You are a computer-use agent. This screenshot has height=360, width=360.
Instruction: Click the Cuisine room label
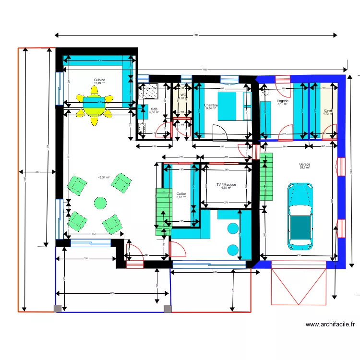point(99,80)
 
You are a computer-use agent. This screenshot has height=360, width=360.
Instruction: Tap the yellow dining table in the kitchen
point(96,106)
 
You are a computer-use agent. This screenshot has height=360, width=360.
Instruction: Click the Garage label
point(304,164)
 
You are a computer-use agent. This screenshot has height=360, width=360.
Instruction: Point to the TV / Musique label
point(226,184)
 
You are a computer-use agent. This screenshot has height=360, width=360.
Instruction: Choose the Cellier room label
point(181,193)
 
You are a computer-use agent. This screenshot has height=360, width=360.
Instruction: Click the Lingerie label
point(282,101)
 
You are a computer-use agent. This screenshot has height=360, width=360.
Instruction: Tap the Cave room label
point(328,110)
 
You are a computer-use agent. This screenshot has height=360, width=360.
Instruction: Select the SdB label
point(154,109)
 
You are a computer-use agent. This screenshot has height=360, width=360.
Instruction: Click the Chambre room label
point(211,105)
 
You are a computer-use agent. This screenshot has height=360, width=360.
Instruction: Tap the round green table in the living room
point(100,203)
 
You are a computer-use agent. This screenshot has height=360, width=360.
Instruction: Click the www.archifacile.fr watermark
point(330,324)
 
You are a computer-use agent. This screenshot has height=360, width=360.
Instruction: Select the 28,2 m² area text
point(304,168)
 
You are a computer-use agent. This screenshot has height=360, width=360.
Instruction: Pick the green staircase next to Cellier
point(163,211)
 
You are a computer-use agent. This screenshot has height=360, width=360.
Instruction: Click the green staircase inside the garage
point(266,176)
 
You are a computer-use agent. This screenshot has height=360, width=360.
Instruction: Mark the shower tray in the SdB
point(149,90)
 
